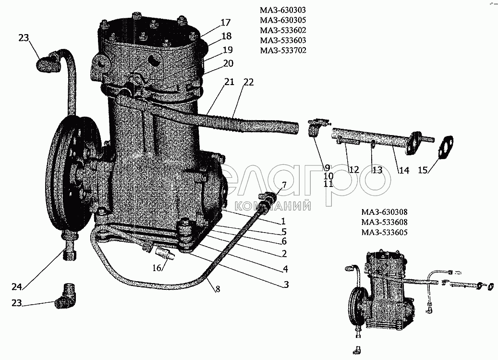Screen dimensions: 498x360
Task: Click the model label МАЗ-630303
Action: click(283, 10)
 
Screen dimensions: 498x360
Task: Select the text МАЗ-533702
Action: click(283, 50)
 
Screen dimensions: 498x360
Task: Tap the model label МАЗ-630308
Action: click(384, 212)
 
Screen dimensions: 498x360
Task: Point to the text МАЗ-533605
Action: click(384, 232)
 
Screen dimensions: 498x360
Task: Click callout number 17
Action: click(225, 23)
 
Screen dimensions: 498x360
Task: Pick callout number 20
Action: click(228, 63)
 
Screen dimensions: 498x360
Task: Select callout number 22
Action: click(249, 82)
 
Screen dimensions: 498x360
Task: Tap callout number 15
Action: click(423, 170)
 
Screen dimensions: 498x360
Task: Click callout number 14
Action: click(404, 170)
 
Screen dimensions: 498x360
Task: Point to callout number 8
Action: click(218, 289)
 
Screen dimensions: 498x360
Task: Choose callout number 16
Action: click(157, 268)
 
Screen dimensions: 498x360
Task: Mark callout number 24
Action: click(16, 287)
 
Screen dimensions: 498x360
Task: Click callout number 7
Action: click(284, 185)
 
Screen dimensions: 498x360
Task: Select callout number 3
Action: click(286, 285)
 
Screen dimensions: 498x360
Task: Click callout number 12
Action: click(353, 170)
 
